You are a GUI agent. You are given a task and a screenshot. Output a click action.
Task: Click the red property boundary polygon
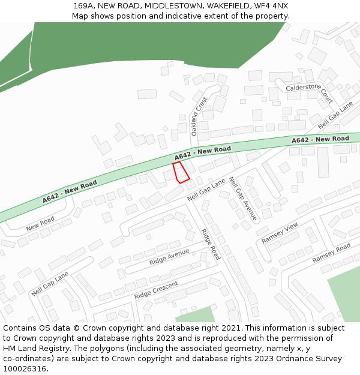[181, 172]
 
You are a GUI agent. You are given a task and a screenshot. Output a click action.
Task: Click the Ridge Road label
[211, 244]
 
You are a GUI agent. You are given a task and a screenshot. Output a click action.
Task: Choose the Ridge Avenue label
[169, 257]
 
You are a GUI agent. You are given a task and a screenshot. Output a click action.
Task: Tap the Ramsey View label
[280, 233]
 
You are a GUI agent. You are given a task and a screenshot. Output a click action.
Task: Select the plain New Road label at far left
[40, 223]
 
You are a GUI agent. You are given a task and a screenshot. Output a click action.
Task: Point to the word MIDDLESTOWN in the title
[175, 6]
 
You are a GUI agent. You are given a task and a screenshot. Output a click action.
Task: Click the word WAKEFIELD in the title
[227, 6]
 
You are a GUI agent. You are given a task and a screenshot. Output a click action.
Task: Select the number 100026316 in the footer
[24, 368]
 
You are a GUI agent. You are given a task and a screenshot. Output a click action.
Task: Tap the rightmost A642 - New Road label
[320, 139]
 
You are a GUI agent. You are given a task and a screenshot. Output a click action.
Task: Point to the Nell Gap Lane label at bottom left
[50, 283]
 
